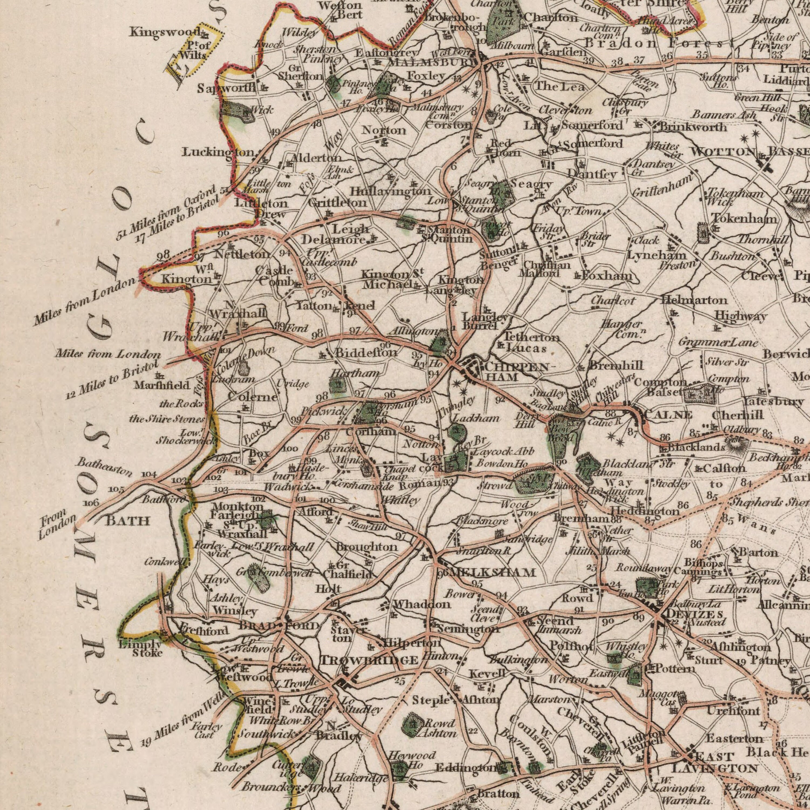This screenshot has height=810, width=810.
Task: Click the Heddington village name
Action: click(x=644, y=511)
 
